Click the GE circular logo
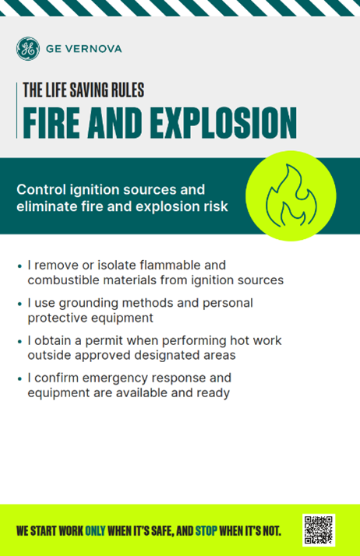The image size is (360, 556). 27,49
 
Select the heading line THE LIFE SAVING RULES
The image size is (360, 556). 83,90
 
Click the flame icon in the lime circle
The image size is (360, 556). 290,195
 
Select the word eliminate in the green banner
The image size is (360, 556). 44,207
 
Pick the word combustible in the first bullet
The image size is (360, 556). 62,280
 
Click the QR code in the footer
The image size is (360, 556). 318,530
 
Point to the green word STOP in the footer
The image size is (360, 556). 206,531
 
